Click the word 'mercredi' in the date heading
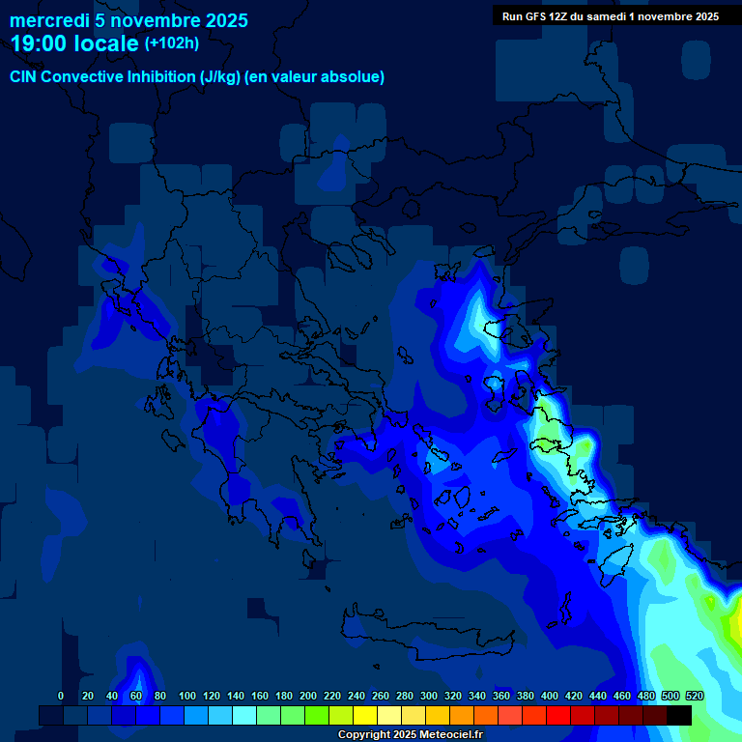[x=48, y=20]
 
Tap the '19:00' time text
[x=41, y=43]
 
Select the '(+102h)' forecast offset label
[x=172, y=43]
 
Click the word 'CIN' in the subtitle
[x=24, y=77]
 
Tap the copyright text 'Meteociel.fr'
[x=451, y=735]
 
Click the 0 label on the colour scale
[x=61, y=697]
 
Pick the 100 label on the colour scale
[x=187, y=697]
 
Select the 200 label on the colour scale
[x=308, y=697]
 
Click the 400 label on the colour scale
[x=550, y=697]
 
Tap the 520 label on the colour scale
[x=694, y=697]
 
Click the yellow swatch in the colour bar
[x=365, y=716]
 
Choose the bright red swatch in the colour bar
[x=558, y=716]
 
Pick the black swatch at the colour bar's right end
[x=679, y=716]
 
